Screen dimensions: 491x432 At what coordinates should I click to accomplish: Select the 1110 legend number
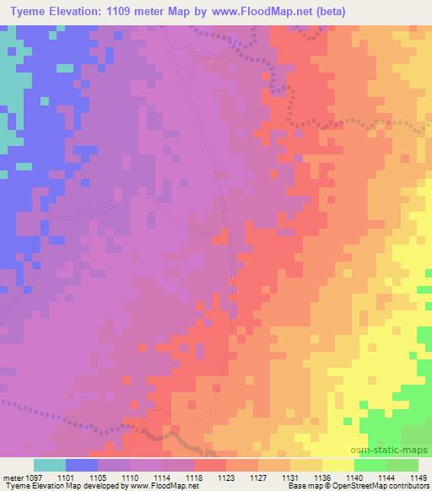(132, 478)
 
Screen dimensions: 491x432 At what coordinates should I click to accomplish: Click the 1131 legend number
(290, 478)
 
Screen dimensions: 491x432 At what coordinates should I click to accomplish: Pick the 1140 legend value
(354, 478)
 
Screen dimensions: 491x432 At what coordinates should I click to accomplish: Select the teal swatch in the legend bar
(50, 465)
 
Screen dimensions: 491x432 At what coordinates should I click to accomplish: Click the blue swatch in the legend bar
(82, 465)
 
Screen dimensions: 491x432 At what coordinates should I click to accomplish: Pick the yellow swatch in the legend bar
(337, 465)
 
